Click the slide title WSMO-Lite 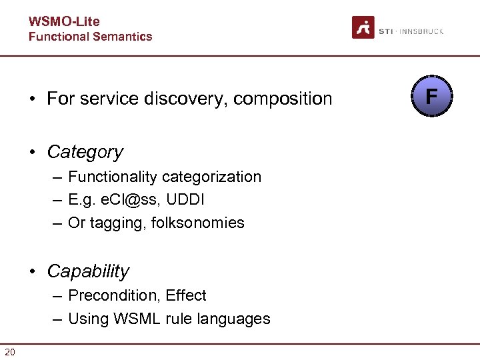coord(64,22)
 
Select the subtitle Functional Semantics coord(90,37)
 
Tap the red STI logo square coord(363,27)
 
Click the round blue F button coord(431,97)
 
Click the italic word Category coord(85,152)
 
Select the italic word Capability coord(88,271)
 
